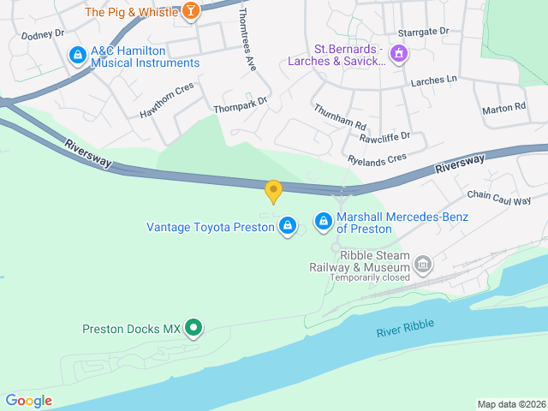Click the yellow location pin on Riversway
[x=273, y=192]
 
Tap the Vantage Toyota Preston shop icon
[x=288, y=226]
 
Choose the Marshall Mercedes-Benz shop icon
[x=323, y=222]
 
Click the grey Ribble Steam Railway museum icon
[x=422, y=265]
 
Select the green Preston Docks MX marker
[x=194, y=327]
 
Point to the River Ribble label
[x=405, y=327]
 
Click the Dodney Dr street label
[x=43, y=35]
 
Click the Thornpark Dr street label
[x=241, y=104]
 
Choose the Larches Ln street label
[x=434, y=81]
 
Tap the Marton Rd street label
[x=503, y=108]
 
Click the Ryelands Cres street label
[x=378, y=158]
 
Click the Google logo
[x=28, y=400]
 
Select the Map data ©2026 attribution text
[x=510, y=404]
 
